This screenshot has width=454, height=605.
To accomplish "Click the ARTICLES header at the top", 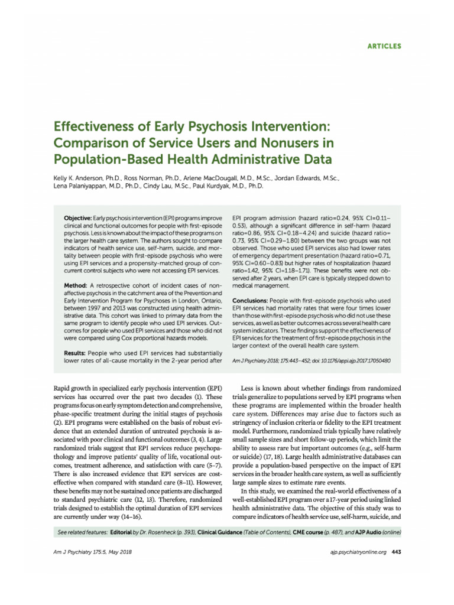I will pyautogui.click(x=384, y=45).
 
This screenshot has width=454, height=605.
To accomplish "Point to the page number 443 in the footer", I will pyautogui.click(x=397, y=552).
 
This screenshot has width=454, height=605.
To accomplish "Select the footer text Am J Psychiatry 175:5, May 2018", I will pyautogui.click(x=85, y=552).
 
